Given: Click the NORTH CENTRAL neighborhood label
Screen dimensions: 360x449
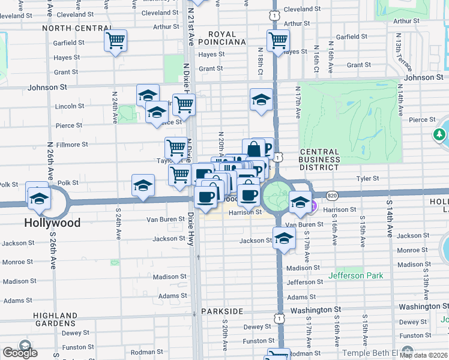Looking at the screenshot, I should tap(75, 28).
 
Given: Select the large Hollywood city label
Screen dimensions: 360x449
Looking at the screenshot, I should tap(52, 223).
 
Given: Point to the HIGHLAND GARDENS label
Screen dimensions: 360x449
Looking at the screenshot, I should tap(56, 321).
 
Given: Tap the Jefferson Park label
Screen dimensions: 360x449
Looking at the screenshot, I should tap(355, 276).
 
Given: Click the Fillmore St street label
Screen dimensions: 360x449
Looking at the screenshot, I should tap(73, 145).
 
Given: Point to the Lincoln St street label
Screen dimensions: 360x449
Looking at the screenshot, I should tap(70, 106).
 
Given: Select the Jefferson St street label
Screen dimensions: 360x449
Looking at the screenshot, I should tap(309, 282).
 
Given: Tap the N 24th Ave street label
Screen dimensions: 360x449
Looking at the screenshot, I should tap(114, 107).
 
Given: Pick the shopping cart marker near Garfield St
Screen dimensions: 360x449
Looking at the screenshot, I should tap(115, 41).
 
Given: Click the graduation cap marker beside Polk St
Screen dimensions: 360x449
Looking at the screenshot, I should tap(143, 186).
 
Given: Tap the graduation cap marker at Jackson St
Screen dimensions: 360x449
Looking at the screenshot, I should tap(284, 238).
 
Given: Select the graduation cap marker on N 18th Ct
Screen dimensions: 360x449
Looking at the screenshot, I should tap(261, 100).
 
